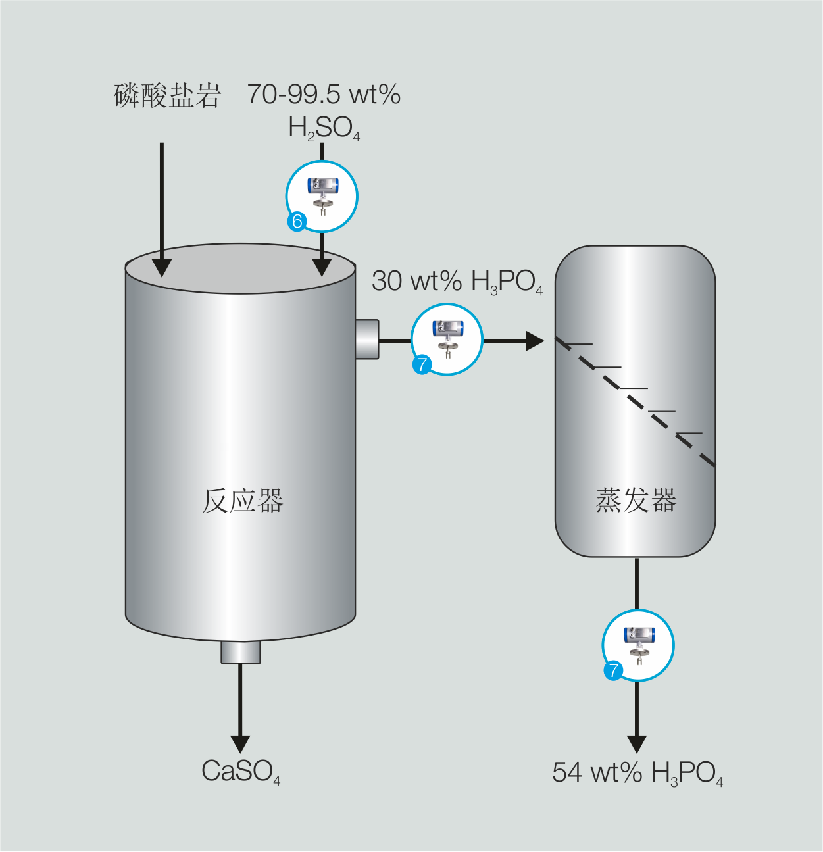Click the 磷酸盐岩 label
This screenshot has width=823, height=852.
pyautogui.click(x=167, y=95)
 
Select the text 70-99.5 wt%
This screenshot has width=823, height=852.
pyautogui.click(x=324, y=95)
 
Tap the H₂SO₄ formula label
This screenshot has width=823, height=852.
pyautogui.click(x=324, y=128)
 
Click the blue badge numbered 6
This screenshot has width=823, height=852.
pyautogui.click(x=297, y=221)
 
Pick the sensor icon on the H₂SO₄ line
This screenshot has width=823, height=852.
pyautogui.click(x=322, y=195)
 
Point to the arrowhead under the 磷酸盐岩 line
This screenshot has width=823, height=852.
pyautogui.click(x=162, y=267)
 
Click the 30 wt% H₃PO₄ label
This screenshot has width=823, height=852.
pyautogui.click(x=457, y=282)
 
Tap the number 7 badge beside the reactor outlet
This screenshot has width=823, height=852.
pyautogui.click(x=422, y=364)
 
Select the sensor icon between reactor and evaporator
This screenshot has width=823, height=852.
pyautogui.click(x=447, y=338)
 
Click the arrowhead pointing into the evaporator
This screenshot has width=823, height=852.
pyautogui.click(x=535, y=341)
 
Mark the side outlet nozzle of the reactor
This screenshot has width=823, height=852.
pyautogui.click(x=367, y=339)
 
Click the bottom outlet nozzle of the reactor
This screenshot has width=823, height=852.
pyautogui.click(x=240, y=652)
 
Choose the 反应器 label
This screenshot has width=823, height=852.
pyautogui.click(x=242, y=501)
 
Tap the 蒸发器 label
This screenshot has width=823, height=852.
pyautogui.click(x=636, y=500)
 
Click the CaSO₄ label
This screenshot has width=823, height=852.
pyautogui.click(x=241, y=772)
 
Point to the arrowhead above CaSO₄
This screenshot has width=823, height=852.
pyautogui.click(x=240, y=743)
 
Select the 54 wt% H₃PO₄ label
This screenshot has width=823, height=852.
pyautogui.click(x=637, y=773)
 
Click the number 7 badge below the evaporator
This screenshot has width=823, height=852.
pyautogui.click(x=613, y=670)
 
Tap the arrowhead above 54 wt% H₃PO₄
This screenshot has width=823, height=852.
pyautogui.click(x=636, y=743)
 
